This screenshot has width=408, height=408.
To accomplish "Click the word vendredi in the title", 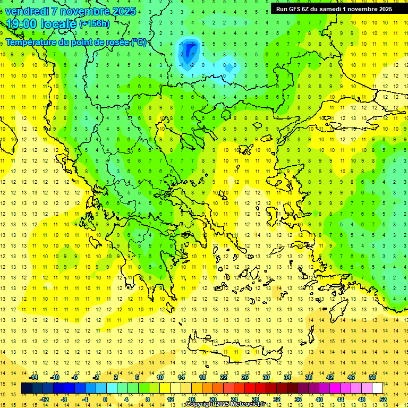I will pos(28,11).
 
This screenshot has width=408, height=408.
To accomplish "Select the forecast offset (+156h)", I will pos(95,24).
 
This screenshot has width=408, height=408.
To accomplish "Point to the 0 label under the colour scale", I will pos(105,399).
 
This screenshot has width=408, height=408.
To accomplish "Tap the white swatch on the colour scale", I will pos(377,388).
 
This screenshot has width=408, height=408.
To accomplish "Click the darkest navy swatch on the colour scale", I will pos(27,388).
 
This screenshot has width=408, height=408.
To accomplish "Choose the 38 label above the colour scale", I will pos(308,377).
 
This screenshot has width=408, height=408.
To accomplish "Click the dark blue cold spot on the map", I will pos(188,50).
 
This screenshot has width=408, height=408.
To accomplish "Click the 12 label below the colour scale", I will pos(172,399).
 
